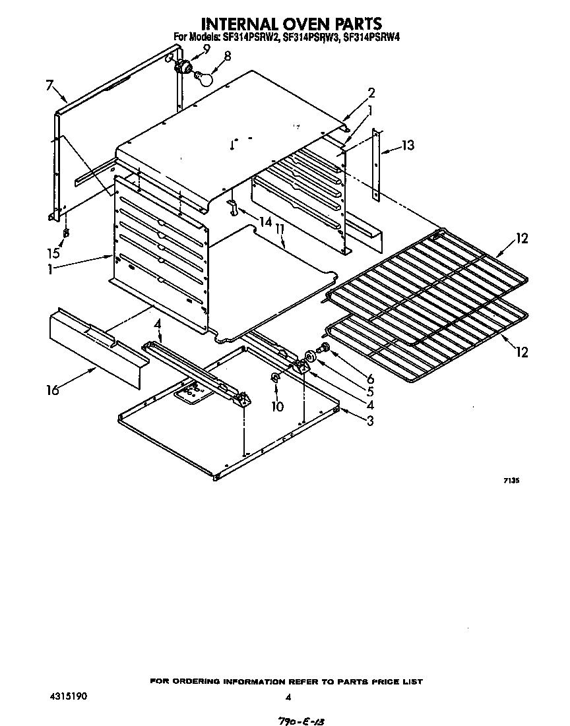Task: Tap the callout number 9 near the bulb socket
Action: [207, 49]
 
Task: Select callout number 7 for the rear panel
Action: [49, 84]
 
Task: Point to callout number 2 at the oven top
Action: [371, 92]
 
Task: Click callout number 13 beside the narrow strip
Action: [409, 145]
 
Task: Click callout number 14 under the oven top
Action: [265, 223]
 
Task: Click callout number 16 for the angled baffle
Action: [53, 390]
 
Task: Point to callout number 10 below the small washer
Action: [278, 406]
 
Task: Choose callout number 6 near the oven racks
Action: [370, 378]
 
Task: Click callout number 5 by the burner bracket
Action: [370, 391]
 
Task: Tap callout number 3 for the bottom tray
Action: [370, 421]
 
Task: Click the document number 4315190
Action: [67, 696]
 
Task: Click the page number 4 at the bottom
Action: [288, 696]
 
